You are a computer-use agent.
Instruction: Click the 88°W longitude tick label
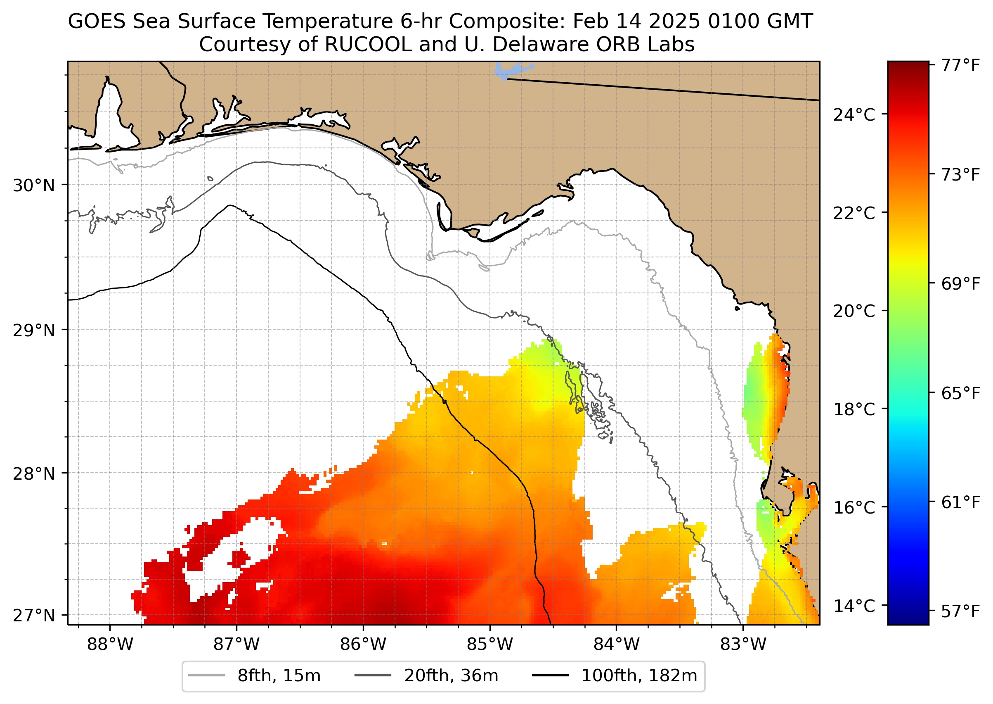point(110,644)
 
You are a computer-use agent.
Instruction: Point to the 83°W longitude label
point(743,644)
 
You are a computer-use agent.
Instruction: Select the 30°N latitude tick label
point(34,186)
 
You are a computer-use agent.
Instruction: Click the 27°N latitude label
point(34,615)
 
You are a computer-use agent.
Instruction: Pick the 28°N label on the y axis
point(34,474)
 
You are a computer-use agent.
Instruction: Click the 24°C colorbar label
point(854,115)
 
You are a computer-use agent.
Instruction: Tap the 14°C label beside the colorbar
point(854,606)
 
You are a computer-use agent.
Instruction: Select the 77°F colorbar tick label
point(960,65)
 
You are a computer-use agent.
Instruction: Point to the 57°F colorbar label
point(960,612)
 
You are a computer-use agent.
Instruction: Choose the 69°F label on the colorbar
point(960,284)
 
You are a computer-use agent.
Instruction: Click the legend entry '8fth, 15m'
point(279,676)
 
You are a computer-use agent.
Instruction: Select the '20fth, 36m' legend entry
point(451,676)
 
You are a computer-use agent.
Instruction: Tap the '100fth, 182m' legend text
point(639,676)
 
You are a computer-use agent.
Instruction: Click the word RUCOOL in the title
point(368,44)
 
